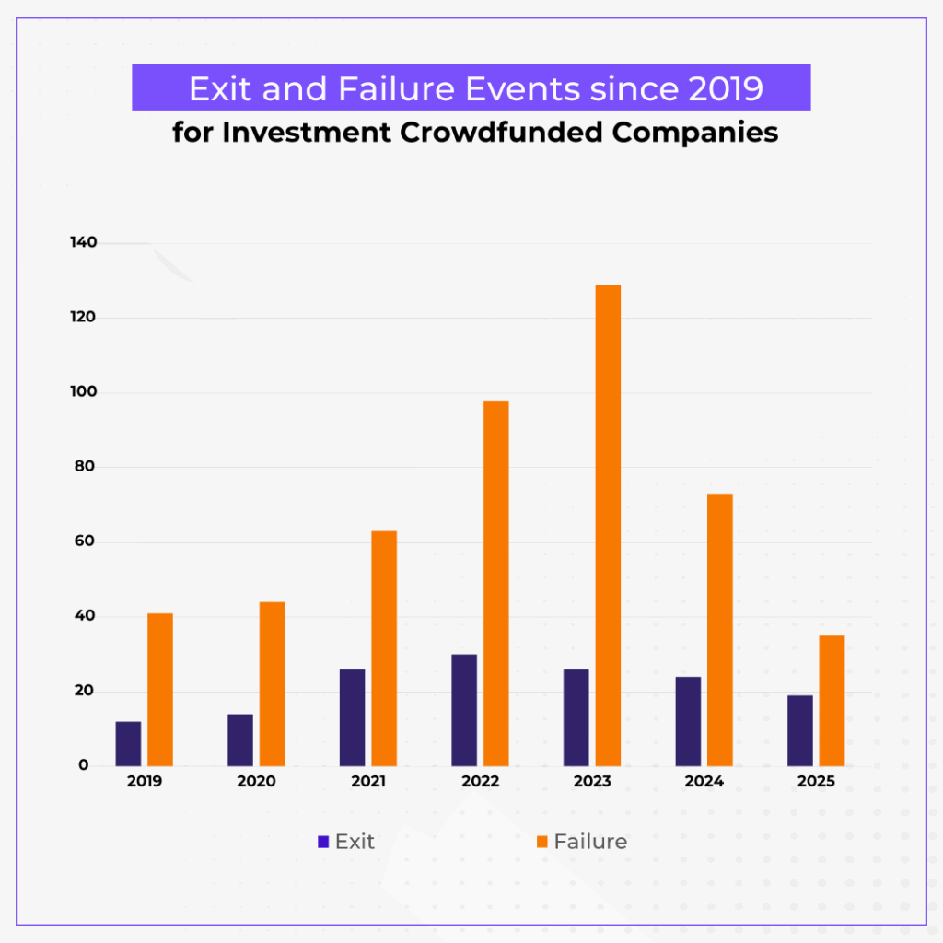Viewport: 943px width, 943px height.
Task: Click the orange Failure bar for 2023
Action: (608, 525)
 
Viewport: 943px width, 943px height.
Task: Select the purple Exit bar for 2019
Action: (128, 743)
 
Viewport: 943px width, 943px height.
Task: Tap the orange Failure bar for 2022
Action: (495, 583)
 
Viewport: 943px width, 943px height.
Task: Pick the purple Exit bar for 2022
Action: (464, 710)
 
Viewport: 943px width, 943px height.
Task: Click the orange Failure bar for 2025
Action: (832, 700)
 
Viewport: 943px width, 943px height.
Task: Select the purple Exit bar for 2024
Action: (688, 721)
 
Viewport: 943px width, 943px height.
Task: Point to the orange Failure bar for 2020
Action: (272, 683)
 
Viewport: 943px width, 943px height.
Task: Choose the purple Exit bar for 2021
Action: (352, 717)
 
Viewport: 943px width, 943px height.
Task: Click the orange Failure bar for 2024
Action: (719, 630)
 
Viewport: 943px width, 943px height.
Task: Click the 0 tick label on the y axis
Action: (83, 765)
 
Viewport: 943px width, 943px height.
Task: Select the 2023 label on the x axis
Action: (592, 782)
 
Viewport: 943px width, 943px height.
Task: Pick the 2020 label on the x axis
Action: (256, 782)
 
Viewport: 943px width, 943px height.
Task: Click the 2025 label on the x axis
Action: (816, 782)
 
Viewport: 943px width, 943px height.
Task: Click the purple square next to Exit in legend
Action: (323, 842)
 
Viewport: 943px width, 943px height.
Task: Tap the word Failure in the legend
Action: (590, 842)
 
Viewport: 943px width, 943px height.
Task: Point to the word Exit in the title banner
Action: (223, 88)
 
